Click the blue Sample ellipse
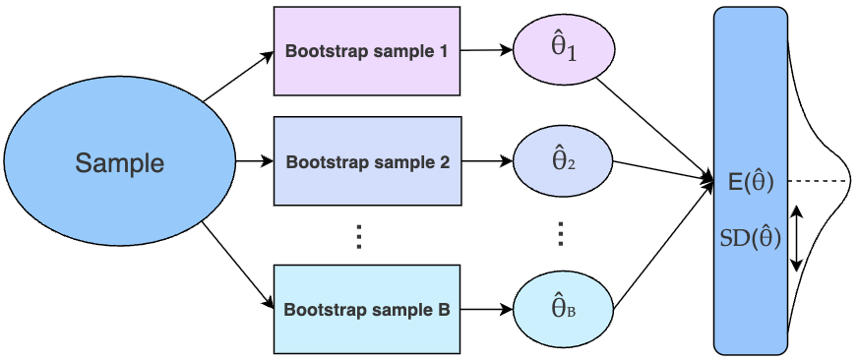pos(120,161)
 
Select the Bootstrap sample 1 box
pos(367,51)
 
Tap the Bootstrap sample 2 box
pos(367,161)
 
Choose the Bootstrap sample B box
pos(367,309)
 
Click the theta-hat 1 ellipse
pos(564,50)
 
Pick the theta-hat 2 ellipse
pos(564,161)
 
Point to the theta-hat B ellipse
pos(564,310)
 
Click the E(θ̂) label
pos(751,182)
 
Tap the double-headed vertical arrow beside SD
pos(797,238)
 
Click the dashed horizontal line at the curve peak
pos(820,181)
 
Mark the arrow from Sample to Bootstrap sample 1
pos(238,77)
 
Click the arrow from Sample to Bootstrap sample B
pos(238,265)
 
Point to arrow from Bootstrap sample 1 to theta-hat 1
pos(486,50)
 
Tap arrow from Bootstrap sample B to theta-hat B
pos(486,310)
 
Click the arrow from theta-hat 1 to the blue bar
pos(654,128)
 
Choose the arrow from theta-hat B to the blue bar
pos(664,245)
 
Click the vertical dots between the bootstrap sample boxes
pos(359,236)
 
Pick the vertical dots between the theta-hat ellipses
pos(560,234)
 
